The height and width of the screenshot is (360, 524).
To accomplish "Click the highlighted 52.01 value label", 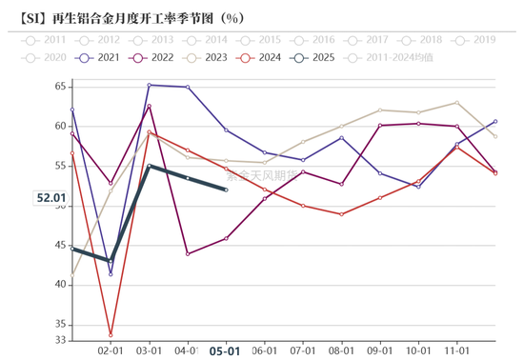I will [50, 198].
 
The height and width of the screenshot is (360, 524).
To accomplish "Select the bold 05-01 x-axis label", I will [225, 350].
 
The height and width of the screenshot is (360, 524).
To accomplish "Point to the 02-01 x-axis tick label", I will [111, 350].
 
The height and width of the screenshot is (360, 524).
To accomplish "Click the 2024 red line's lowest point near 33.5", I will [111, 335].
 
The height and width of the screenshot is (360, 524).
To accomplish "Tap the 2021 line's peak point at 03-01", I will [150, 85].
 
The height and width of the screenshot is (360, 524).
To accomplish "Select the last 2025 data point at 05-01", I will [226, 190].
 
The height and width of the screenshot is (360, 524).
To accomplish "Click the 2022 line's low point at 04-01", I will [188, 253].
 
